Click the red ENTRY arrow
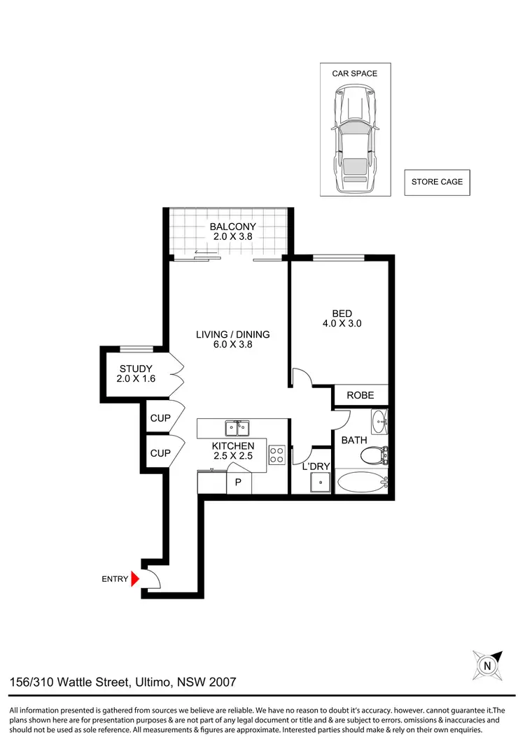[x=136, y=578]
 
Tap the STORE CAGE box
[x=437, y=182]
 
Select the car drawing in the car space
[x=355, y=139]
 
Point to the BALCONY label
[x=232, y=227]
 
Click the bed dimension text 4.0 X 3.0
[x=342, y=324]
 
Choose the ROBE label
[x=360, y=395]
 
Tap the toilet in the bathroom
[x=374, y=456]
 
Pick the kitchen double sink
[x=237, y=427]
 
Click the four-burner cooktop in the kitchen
[x=276, y=455]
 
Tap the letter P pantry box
[x=238, y=483]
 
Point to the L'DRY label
[x=311, y=466]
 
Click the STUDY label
[x=136, y=369]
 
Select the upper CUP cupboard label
[x=160, y=418]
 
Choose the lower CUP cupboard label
[x=160, y=453]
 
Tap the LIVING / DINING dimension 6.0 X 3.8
[x=232, y=345]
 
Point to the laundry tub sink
[x=320, y=481]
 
